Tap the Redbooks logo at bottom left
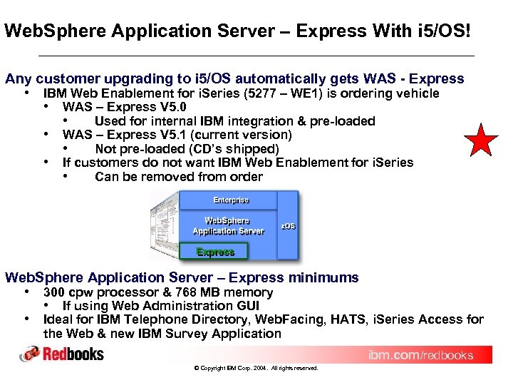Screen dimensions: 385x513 click(x=62, y=354)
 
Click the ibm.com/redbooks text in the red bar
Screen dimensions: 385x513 click(x=420, y=355)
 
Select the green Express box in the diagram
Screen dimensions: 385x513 click(x=215, y=252)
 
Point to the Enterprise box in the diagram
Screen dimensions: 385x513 click(x=231, y=200)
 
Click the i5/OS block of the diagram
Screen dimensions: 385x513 click(x=288, y=226)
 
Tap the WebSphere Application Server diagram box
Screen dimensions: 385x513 click(x=228, y=225)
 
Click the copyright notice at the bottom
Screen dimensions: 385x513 click(x=256, y=369)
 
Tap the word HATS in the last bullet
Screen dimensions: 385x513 click(x=347, y=319)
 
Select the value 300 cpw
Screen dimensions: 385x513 click(x=65, y=292)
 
